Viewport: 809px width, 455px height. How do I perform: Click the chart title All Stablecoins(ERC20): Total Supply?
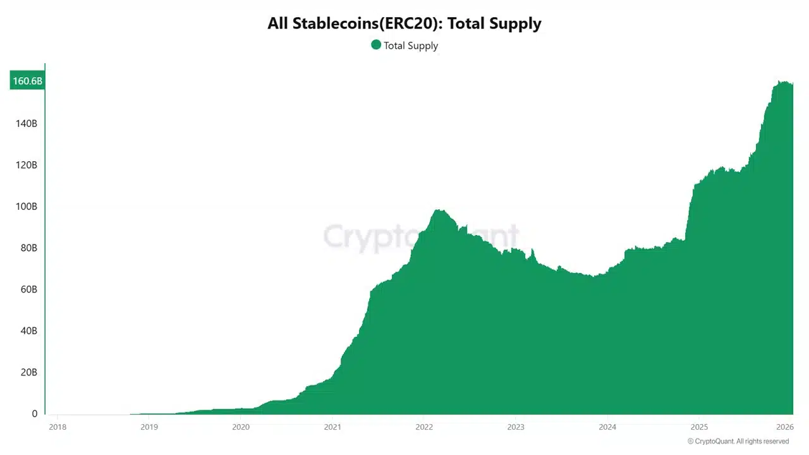(404, 24)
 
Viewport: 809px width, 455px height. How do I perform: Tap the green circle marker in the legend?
(376, 45)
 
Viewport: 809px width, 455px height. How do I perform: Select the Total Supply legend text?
(411, 45)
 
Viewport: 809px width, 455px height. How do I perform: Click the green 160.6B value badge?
(27, 81)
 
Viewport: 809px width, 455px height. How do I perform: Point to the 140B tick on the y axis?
(26, 123)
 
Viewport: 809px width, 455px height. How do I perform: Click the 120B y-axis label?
(26, 165)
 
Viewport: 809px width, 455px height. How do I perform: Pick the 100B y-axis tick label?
(26, 207)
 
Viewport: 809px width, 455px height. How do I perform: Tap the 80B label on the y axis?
(28, 248)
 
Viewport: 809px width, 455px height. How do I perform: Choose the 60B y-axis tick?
(28, 289)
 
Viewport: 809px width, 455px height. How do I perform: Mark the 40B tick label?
(28, 331)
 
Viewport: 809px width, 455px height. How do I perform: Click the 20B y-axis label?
(28, 372)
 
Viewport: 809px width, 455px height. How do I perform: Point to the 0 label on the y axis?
(35, 414)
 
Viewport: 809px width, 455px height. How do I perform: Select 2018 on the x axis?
(57, 427)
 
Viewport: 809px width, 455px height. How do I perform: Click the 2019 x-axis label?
(149, 427)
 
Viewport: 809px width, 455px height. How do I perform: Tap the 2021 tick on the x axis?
(332, 427)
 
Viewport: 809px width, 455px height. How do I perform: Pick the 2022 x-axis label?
(424, 427)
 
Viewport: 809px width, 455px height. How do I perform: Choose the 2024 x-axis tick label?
(607, 427)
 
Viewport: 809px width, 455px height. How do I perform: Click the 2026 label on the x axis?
(784, 427)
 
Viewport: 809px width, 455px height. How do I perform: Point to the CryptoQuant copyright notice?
(738, 441)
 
